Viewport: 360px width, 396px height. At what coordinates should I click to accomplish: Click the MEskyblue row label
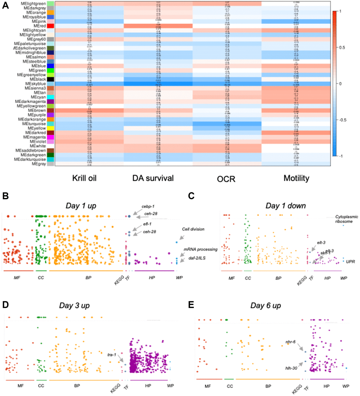tap(35, 84)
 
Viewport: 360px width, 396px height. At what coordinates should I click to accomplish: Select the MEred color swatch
tap(50, 26)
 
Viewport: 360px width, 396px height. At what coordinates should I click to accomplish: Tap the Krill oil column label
tap(84, 178)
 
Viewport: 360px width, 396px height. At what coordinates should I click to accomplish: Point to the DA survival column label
tap(153, 178)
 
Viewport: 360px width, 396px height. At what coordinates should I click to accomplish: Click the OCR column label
tap(226, 179)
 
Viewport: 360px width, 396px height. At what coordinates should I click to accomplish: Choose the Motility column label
tap(296, 178)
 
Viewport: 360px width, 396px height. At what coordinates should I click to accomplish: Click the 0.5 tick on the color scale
tap(342, 47)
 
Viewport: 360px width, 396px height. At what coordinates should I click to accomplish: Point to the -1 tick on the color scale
tap(341, 156)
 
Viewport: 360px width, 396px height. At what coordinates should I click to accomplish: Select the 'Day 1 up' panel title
tap(81, 206)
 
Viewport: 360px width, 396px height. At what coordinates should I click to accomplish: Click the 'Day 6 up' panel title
tap(265, 306)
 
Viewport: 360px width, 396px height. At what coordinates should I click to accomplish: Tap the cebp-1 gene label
tap(148, 207)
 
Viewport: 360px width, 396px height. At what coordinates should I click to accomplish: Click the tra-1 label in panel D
tap(112, 355)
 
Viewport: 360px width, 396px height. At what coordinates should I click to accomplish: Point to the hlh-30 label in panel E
tap(291, 368)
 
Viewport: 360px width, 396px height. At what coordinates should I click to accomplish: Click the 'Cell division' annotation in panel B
tap(193, 229)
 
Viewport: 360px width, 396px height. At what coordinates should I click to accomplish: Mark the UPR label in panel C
tap(350, 262)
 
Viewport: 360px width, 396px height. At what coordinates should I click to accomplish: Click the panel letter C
tap(191, 196)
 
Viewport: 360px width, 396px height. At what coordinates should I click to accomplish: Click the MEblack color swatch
tap(50, 79)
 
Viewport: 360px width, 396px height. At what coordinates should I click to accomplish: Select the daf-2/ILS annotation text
tap(197, 258)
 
